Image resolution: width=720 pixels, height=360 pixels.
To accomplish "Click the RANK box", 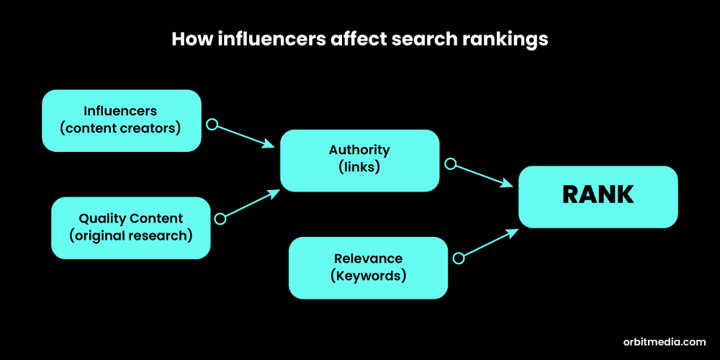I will coord(598,196).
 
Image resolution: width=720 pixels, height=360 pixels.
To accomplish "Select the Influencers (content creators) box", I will coord(121,120).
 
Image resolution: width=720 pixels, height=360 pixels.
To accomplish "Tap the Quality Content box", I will coord(130,228).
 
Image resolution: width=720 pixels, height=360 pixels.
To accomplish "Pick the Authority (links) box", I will coord(359,160).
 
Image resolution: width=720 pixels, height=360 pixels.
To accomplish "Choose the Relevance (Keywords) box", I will coord(368,267).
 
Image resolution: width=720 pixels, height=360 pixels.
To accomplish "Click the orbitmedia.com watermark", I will coord(664,342).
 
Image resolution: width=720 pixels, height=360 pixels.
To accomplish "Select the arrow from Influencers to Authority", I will coord(245,135).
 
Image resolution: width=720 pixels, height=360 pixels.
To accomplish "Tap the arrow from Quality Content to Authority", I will coord(251,204).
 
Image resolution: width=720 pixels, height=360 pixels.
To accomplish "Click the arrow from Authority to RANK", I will coord(482,175).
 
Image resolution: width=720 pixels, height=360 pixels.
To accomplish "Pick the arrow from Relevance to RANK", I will coord(488,243).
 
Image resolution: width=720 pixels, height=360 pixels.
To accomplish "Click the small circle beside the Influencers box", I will coord(212,124).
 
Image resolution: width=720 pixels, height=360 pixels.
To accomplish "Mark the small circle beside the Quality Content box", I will coord(220,218).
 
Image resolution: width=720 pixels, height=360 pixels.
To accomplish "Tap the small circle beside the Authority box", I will coord(450,163).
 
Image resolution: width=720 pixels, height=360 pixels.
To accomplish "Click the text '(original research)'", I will coord(130,236).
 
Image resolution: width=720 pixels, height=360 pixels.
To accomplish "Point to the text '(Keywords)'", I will coord(368,276).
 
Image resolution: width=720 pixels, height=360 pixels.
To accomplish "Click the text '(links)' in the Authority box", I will coord(359,168).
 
